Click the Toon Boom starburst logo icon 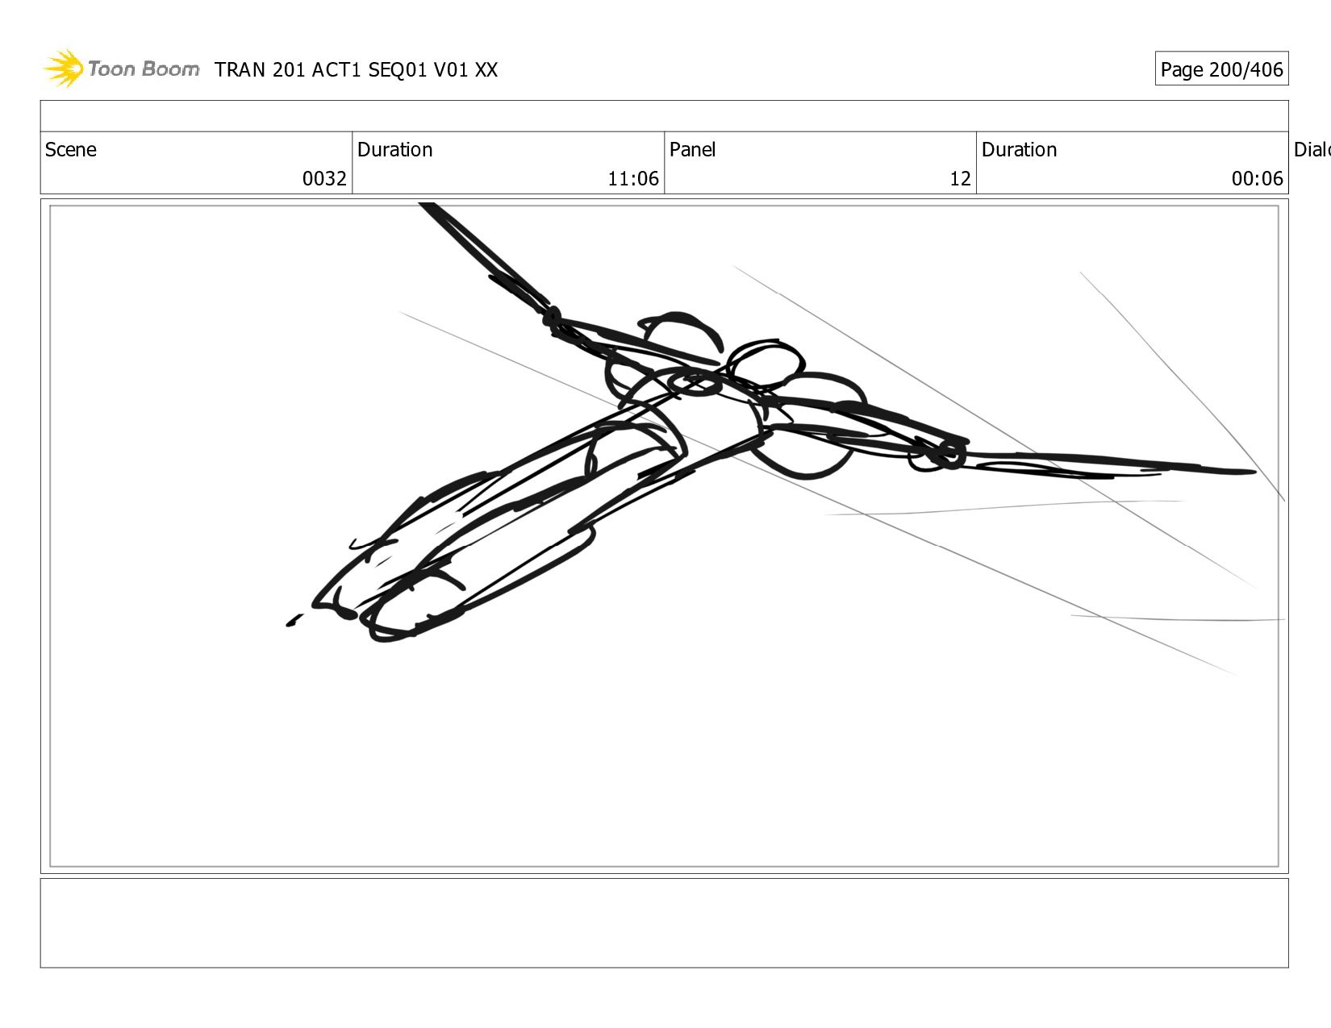click(x=63, y=68)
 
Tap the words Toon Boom click(x=144, y=69)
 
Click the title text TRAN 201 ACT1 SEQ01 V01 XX click(x=356, y=70)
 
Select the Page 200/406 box click(x=1221, y=69)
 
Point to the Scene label click(x=70, y=149)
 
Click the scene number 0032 click(x=324, y=178)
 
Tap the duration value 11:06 click(x=632, y=178)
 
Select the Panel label click(x=692, y=149)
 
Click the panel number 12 click(x=960, y=178)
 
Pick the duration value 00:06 click(x=1257, y=178)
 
